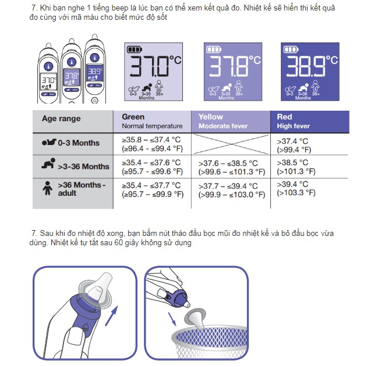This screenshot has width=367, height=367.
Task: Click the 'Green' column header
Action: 153,121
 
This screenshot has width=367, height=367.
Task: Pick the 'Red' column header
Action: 310,121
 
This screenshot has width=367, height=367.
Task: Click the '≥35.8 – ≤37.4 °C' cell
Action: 153,144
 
